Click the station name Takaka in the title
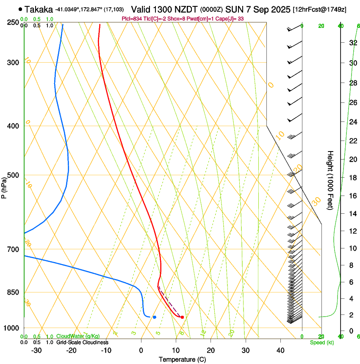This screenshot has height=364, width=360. click(x=39, y=9)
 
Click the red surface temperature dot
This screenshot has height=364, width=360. click(x=182, y=317)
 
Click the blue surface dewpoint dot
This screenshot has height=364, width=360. click(x=155, y=317)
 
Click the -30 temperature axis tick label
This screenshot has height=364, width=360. click(x=36, y=350)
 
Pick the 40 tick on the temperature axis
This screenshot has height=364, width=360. click(x=280, y=350)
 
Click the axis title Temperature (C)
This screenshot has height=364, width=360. click(x=182, y=359)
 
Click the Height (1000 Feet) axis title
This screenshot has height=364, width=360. click(x=330, y=180)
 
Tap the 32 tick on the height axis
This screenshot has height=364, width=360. click(x=352, y=43)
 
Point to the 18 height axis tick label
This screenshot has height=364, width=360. click(x=352, y=178)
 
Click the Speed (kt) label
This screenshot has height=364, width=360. click(x=322, y=342)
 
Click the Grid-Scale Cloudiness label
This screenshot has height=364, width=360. click(x=82, y=342)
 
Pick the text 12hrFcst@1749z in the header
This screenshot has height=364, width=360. click(x=319, y=9)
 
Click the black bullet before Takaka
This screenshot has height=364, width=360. click(x=20, y=9)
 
